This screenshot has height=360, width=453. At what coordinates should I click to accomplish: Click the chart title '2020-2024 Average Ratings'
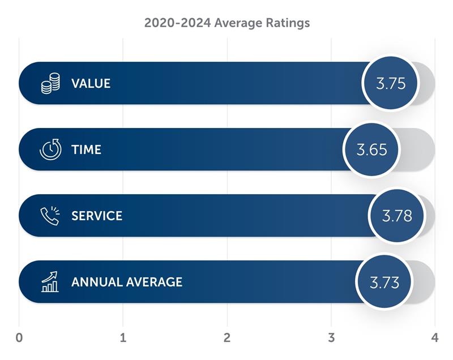coord(226,23)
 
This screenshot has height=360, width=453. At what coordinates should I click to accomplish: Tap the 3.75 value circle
coord(391,83)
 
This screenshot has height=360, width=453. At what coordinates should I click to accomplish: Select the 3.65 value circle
coord(371,149)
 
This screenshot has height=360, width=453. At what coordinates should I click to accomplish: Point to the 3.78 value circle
coord(396,216)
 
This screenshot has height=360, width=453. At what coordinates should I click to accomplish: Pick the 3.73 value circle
coord(384,282)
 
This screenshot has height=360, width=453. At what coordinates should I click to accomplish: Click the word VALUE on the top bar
coord(91,84)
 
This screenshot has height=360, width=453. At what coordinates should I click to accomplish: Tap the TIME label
coord(86,150)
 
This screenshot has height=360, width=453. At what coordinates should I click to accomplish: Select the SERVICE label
coord(96,216)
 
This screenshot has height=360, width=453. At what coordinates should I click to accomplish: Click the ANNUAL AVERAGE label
coord(127,282)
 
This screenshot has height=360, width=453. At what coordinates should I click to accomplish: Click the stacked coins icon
coord(50,84)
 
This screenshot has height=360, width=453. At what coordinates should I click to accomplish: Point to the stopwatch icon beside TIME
coord(50,149)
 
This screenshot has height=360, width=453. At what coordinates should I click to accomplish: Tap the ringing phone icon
coord(50,216)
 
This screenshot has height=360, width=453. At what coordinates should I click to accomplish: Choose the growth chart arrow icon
coord(50,281)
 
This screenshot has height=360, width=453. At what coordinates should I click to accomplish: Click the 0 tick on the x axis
coord(19,338)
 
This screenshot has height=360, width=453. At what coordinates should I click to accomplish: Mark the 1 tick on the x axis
coord(123,338)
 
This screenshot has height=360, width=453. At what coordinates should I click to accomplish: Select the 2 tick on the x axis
coord(227,338)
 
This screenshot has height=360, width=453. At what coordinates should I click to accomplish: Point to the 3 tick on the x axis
coord(331,338)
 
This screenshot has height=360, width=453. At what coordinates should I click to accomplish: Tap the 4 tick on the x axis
coord(435,338)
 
